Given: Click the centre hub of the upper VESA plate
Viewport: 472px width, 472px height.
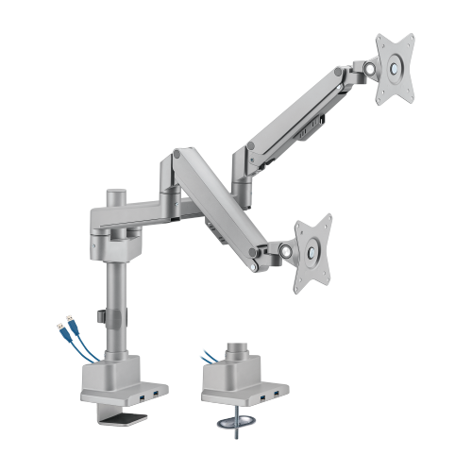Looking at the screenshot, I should [x=396, y=67].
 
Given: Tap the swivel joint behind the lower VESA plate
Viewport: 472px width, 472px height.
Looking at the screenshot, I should [x=284, y=251].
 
